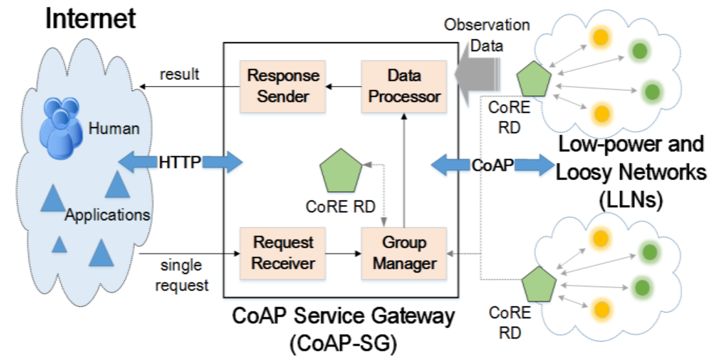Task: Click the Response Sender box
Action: click(283, 86)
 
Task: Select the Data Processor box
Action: click(404, 86)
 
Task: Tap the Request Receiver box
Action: click(283, 253)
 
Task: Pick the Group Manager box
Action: click(404, 253)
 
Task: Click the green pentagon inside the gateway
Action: click(341, 171)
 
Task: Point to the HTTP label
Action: click(180, 162)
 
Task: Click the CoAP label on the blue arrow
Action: click(492, 165)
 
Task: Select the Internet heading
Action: click(90, 18)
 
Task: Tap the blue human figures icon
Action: click(61, 128)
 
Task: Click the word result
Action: click(180, 74)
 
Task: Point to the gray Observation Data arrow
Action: click(477, 74)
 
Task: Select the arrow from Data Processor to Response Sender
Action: click(343, 86)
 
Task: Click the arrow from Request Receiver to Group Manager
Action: click(343, 254)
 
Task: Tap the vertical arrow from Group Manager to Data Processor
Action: click(404, 171)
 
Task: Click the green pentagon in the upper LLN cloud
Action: click(534, 79)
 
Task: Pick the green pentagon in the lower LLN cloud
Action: click(539, 284)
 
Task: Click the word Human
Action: click(114, 129)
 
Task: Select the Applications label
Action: click(108, 215)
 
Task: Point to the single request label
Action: click(182, 275)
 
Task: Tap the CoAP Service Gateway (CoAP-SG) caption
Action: click(343, 329)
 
